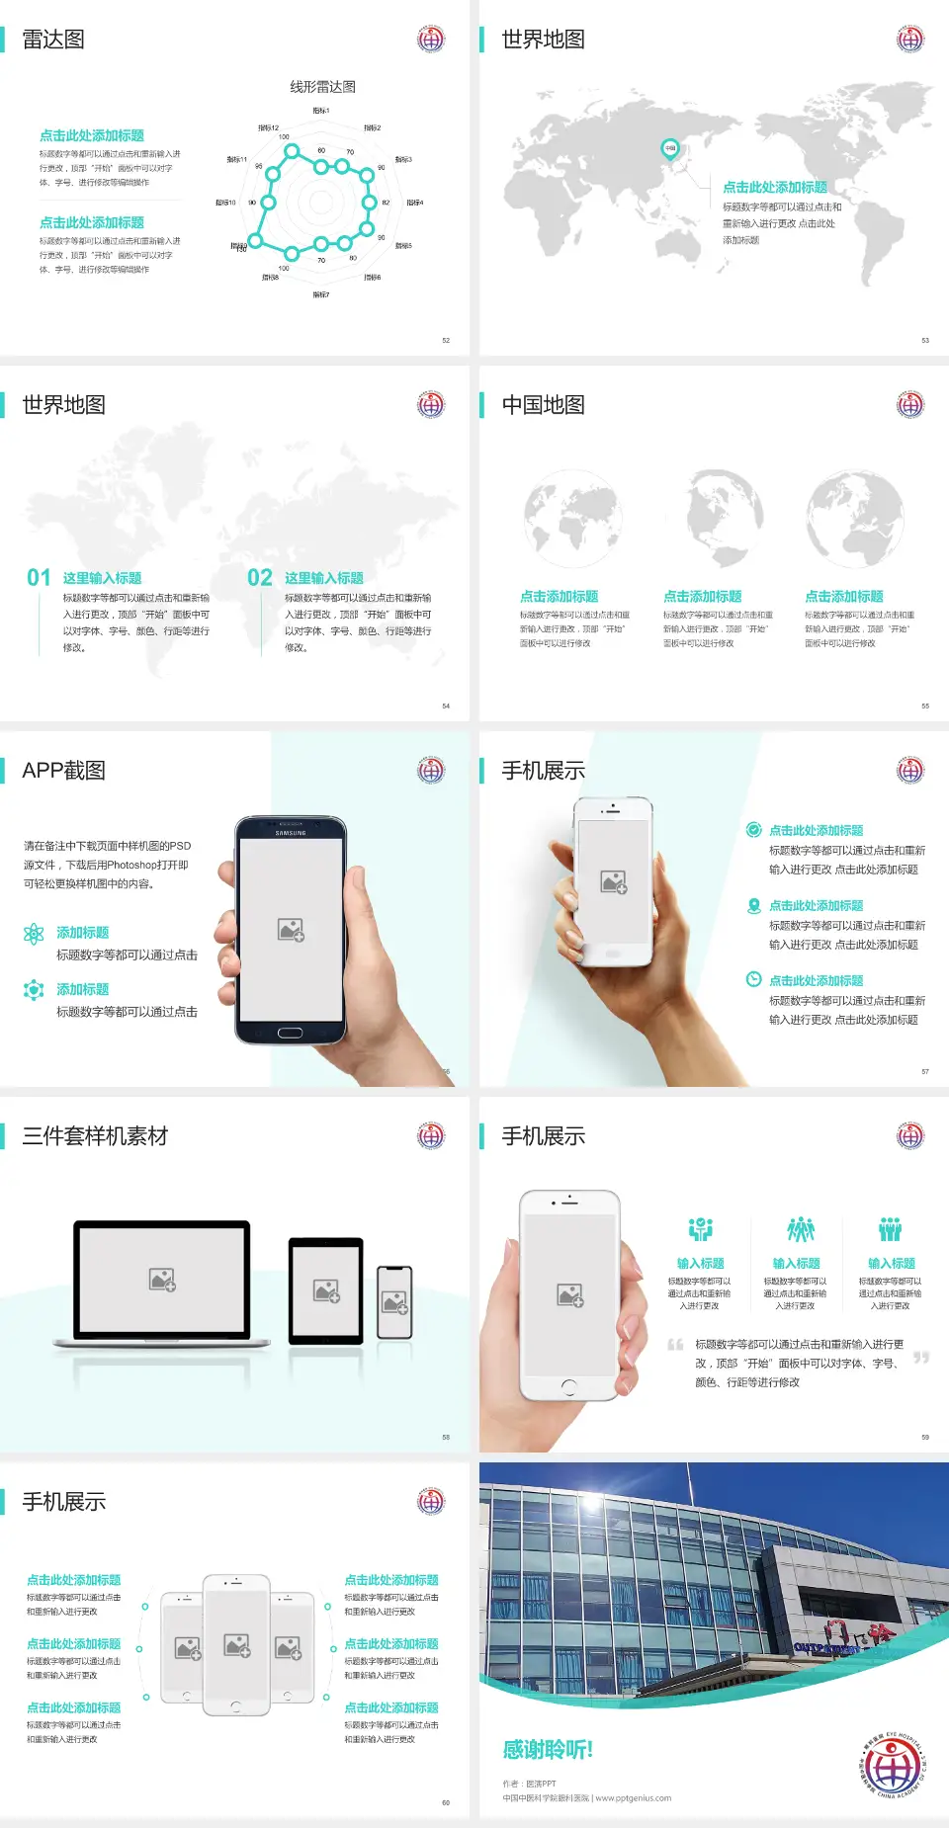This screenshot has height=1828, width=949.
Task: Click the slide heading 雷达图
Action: tap(53, 40)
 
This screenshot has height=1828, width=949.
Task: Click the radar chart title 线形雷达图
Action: tap(322, 87)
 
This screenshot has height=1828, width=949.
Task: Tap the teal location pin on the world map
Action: tap(669, 148)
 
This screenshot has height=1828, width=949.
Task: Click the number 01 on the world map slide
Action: tap(39, 577)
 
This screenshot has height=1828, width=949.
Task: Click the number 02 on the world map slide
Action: tap(260, 577)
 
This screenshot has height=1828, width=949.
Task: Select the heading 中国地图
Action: tap(543, 405)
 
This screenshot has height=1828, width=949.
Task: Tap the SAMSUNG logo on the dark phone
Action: tap(291, 833)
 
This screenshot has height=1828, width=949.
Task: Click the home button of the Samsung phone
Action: tap(290, 1033)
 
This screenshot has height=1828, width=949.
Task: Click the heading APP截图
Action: tap(63, 771)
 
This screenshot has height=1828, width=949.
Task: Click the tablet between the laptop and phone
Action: tap(326, 1289)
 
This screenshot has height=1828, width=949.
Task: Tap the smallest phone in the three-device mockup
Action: tap(394, 1302)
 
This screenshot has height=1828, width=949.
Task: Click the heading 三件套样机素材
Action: tap(95, 1136)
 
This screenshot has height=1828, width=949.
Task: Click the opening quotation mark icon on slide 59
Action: tap(675, 1345)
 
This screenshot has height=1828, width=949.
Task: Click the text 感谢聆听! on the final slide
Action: tap(548, 1750)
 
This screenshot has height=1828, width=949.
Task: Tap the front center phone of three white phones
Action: tap(236, 1645)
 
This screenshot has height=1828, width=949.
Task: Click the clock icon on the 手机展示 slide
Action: tap(753, 979)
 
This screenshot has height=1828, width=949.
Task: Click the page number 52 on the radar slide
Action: tap(446, 340)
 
